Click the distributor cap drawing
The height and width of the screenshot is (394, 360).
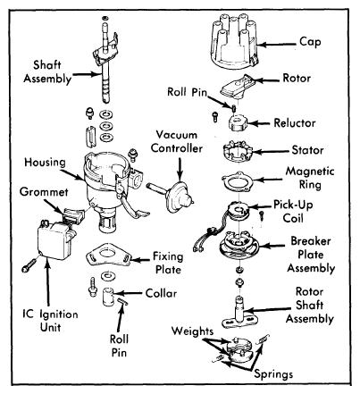pos(233,41)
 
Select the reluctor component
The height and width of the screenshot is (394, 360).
pos(238,123)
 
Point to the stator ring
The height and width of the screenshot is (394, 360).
pos(238,151)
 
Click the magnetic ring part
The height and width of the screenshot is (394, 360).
pos(238,181)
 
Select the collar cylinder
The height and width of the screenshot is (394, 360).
pos(109,296)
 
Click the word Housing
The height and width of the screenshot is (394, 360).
pos(45,163)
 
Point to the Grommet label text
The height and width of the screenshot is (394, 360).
pos(44,192)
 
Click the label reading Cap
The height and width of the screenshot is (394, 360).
pos(310,42)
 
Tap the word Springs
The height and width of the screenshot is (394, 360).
pos(273,374)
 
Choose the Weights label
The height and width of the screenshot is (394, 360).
pos(192,331)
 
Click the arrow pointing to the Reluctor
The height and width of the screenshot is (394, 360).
pos(258,123)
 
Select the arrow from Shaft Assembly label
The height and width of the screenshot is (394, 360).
pos(86,74)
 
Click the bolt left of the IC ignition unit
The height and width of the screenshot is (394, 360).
pos(29,265)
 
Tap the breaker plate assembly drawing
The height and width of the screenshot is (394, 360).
pos(239,245)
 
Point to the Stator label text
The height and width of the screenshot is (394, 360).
pos(307,150)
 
